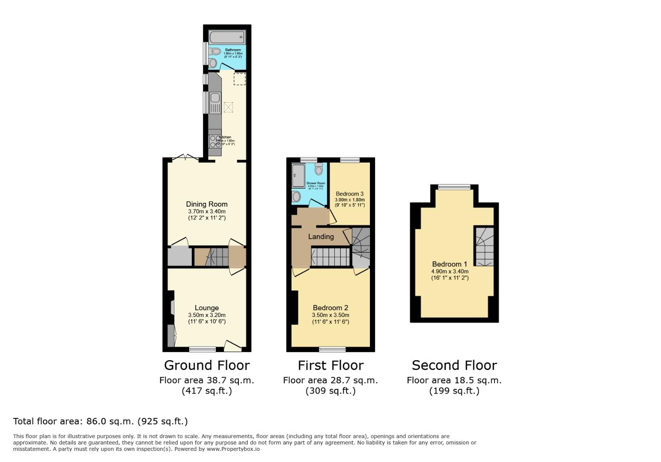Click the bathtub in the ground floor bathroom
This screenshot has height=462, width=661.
[227, 37]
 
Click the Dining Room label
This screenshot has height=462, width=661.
[206, 204]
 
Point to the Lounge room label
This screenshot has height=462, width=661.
[206, 308]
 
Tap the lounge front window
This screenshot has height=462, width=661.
[202, 349]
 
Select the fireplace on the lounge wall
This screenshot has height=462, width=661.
[172, 307]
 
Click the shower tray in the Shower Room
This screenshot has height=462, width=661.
[298, 175]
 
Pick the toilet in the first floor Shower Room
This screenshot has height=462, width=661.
[319, 169]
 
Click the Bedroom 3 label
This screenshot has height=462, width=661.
[349, 194]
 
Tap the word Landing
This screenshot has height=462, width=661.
[321, 237]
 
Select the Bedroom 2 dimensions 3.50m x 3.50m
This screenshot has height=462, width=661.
[330, 315]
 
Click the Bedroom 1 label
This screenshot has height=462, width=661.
[449, 264]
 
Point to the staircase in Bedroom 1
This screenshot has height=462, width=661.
[484, 246]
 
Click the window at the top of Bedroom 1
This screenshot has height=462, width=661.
[454, 187]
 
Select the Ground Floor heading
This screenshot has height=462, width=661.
[206, 365]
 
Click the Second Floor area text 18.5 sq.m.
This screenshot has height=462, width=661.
[454, 380]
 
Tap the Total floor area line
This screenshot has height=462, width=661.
[101, 421]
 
